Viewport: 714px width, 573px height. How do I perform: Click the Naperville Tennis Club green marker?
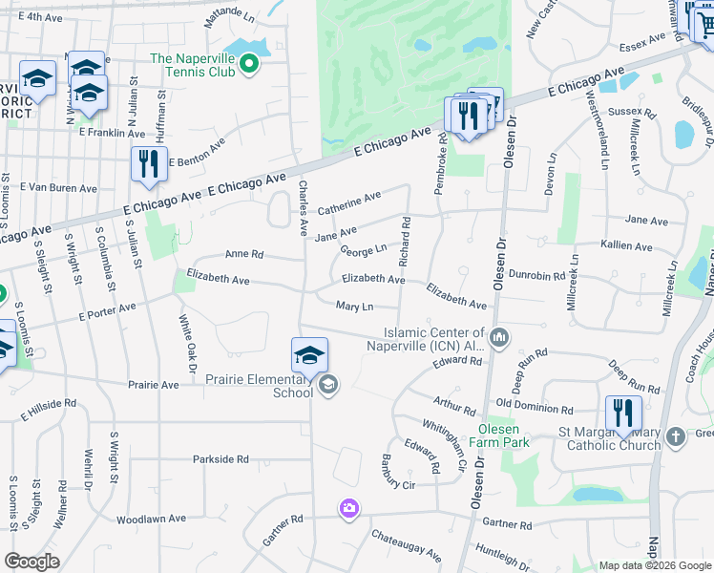pos(250,64)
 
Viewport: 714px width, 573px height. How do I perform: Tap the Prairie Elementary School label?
pos(260,386)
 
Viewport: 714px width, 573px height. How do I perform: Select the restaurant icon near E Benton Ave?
pos(149,163)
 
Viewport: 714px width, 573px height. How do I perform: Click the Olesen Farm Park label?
pos(504,435)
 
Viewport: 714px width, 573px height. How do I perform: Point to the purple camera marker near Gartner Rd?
pos(349,508)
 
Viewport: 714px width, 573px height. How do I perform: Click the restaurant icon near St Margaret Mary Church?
pos(622,413)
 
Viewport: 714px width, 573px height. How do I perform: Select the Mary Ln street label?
pos(353,306)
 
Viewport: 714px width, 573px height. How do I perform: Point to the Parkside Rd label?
pos(220,459)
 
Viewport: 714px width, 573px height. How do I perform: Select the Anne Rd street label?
pos(243,255)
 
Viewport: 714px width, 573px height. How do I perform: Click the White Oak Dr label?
pos(187,347)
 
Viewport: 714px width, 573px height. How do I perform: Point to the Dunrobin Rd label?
pos(538,275)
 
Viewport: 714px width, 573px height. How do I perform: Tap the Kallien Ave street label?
pos(626,246)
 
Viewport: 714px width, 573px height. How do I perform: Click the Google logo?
pos(31,562)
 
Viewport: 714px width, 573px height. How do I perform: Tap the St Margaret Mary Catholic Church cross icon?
pos(676,435)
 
